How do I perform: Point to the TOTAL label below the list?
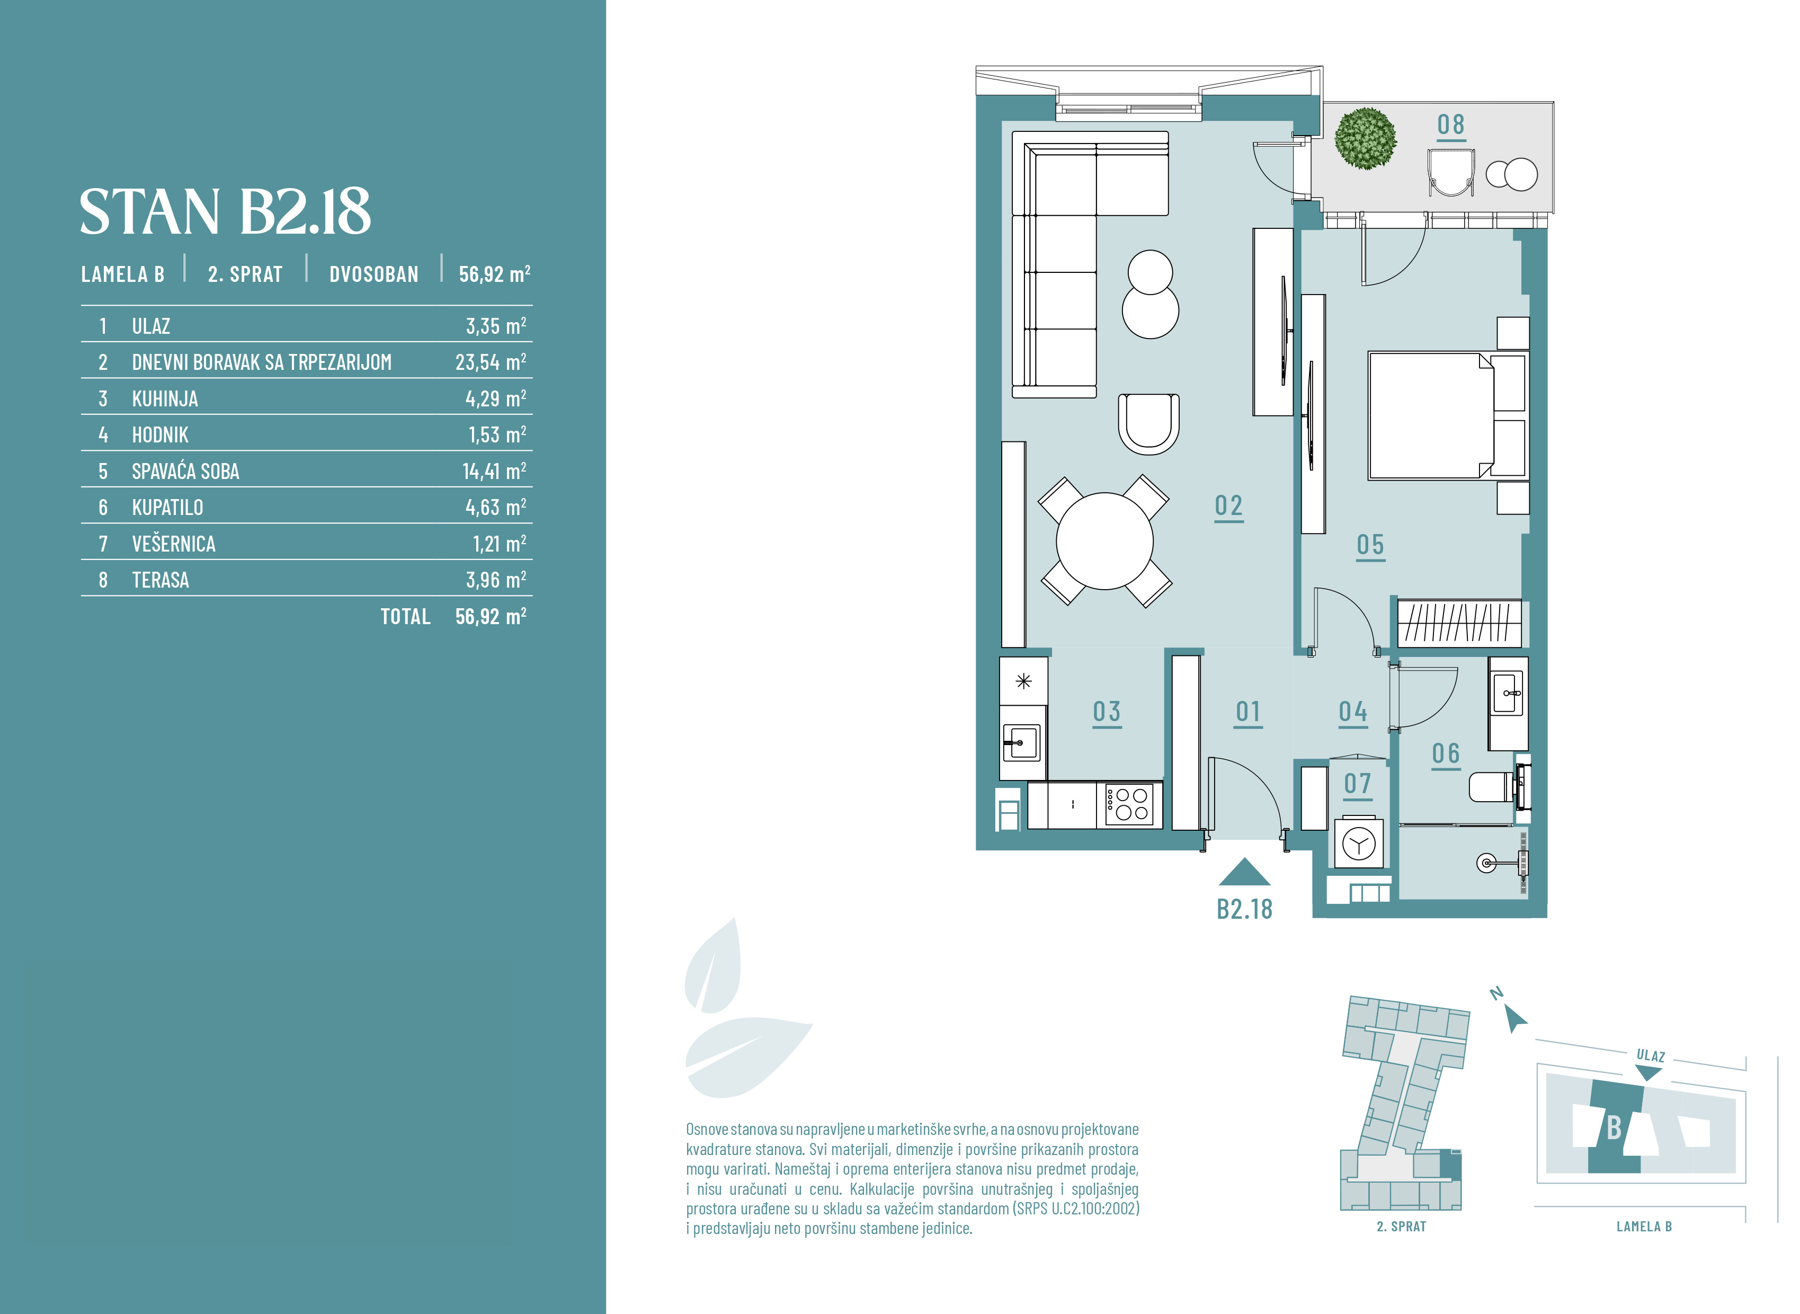point(405,616)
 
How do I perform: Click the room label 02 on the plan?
point(1228,506)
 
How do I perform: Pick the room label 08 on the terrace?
point(1451,125)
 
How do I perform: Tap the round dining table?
point(1104,541)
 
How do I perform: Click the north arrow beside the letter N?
point(1516,1018)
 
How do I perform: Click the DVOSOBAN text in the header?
point(373,274)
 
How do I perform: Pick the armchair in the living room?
point(1149,424)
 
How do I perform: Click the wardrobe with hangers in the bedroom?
point(1459,623)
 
